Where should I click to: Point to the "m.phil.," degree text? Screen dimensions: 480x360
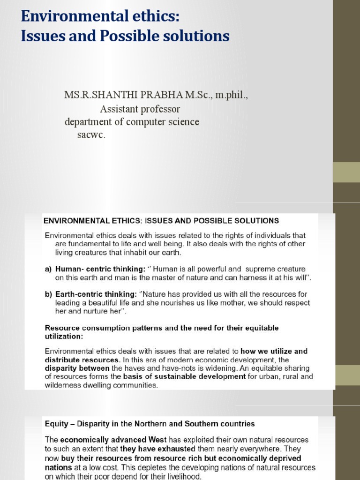228,96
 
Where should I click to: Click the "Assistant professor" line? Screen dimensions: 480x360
140,109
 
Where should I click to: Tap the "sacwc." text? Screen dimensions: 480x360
91,135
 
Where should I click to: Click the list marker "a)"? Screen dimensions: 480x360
48,269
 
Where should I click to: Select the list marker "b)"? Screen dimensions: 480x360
48,294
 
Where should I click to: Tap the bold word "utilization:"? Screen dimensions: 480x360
64,337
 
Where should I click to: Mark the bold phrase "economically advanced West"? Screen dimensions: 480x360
105,440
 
